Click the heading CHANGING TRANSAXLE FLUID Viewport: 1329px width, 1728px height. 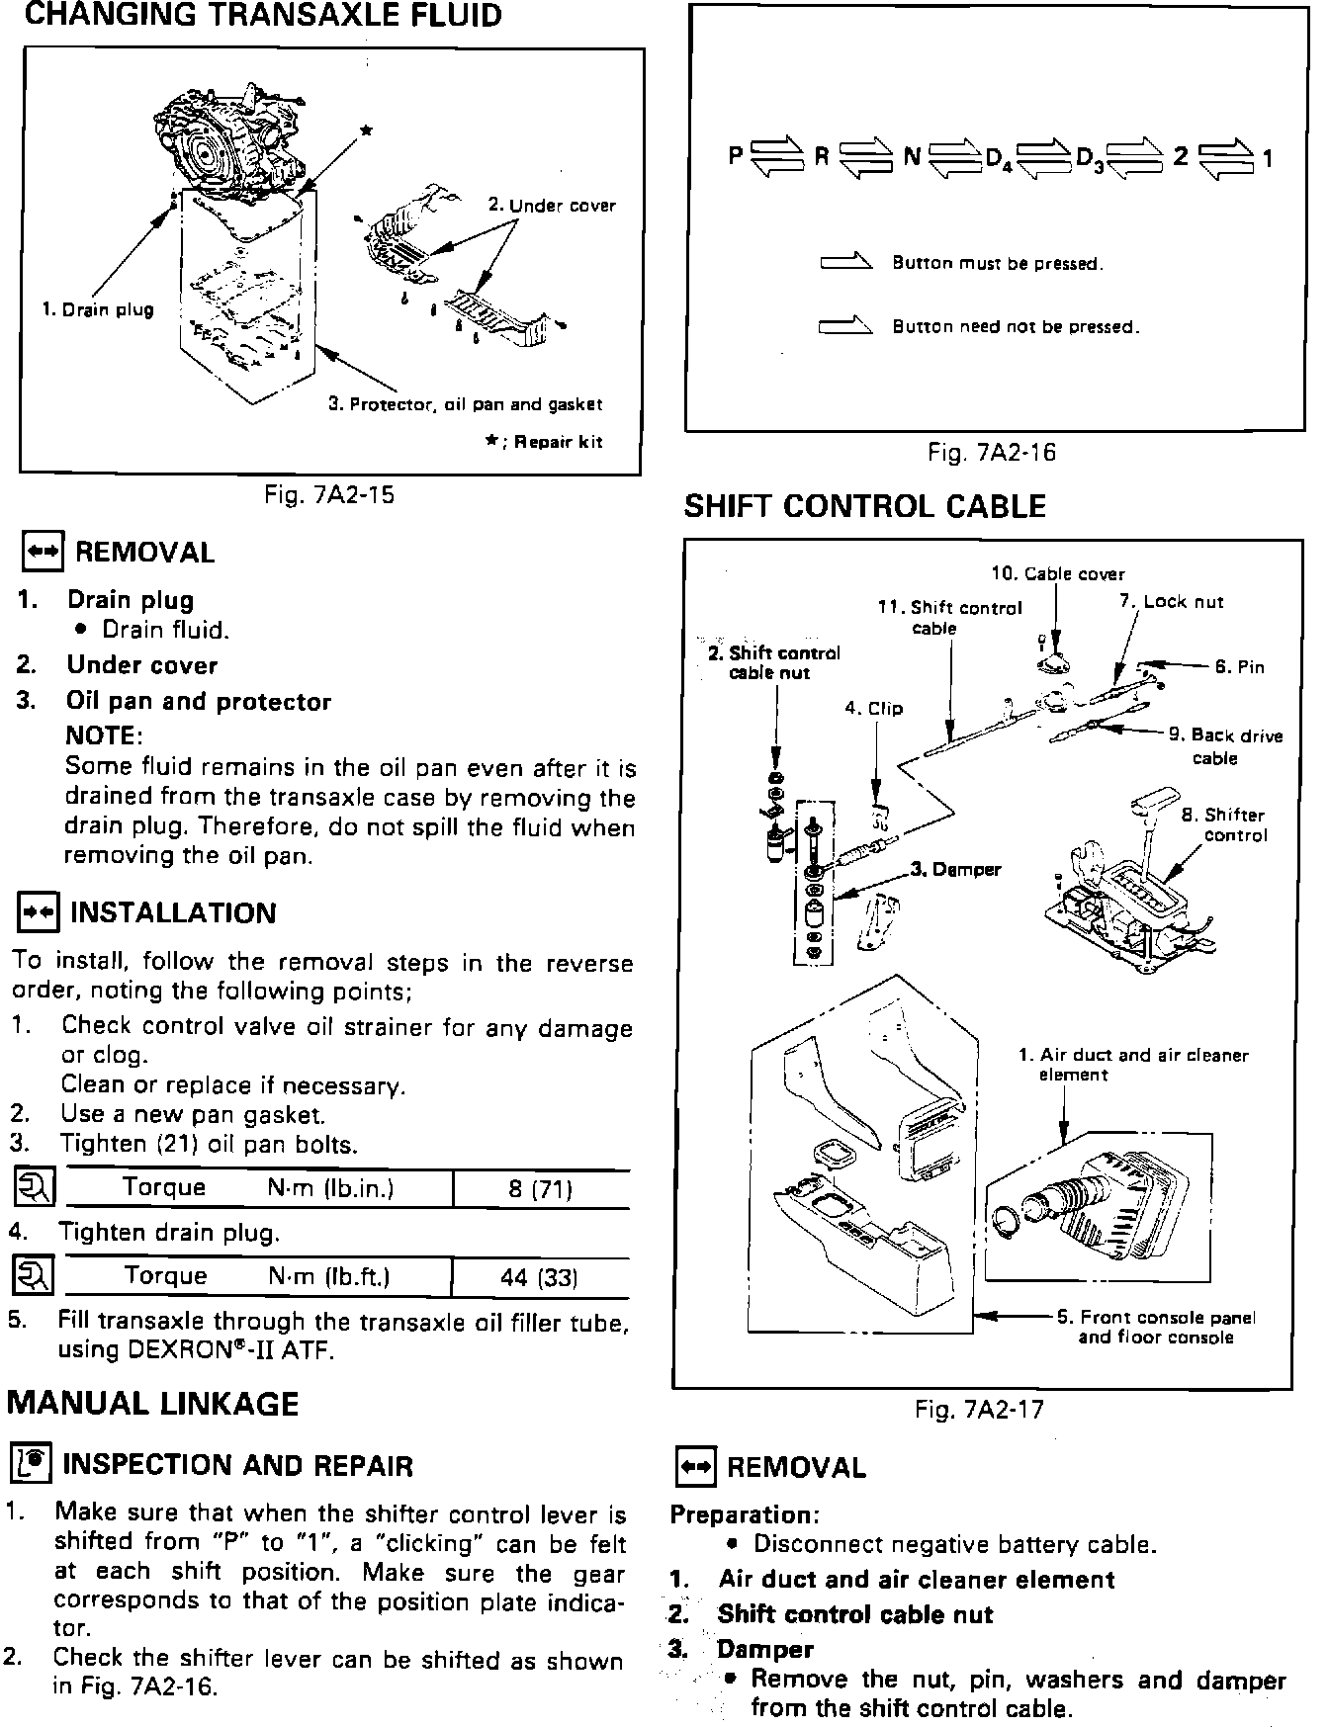(x=262, y=17)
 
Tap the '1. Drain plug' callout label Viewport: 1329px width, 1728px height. (x=98, y=309)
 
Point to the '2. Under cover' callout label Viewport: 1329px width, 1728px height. (x=552, y=206)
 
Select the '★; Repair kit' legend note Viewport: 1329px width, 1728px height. (x=543, y=442)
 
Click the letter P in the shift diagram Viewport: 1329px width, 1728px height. (x=736, y=155)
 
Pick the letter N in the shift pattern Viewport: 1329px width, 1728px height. (x=912, y=156)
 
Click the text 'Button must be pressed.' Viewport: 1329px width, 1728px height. (x=997, y=264)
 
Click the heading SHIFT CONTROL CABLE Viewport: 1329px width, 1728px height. (x=864, y=507)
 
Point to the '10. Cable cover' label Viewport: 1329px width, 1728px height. (x=1057, y=573)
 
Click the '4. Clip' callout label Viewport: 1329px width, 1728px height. (x=873, y=709)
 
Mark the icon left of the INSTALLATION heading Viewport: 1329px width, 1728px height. (x=39, y=912)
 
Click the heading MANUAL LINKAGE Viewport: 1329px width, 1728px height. (x=153, y=1404)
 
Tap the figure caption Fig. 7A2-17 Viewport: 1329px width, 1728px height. (x=979, y=1410)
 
